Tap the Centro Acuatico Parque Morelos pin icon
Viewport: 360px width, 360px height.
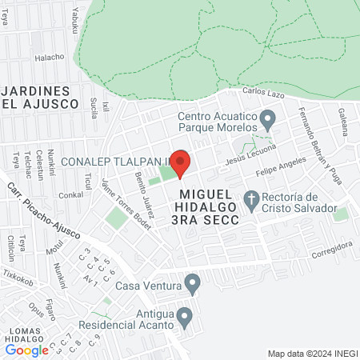268,121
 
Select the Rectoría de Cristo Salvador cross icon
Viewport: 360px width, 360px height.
251,199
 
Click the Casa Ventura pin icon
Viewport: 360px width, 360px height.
192,284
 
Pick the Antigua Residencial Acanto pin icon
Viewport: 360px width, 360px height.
185,318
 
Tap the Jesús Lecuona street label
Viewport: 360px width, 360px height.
250,155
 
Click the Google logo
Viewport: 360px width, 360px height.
26,350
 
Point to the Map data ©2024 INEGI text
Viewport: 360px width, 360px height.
311,354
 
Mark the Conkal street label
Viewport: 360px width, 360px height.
70,194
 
